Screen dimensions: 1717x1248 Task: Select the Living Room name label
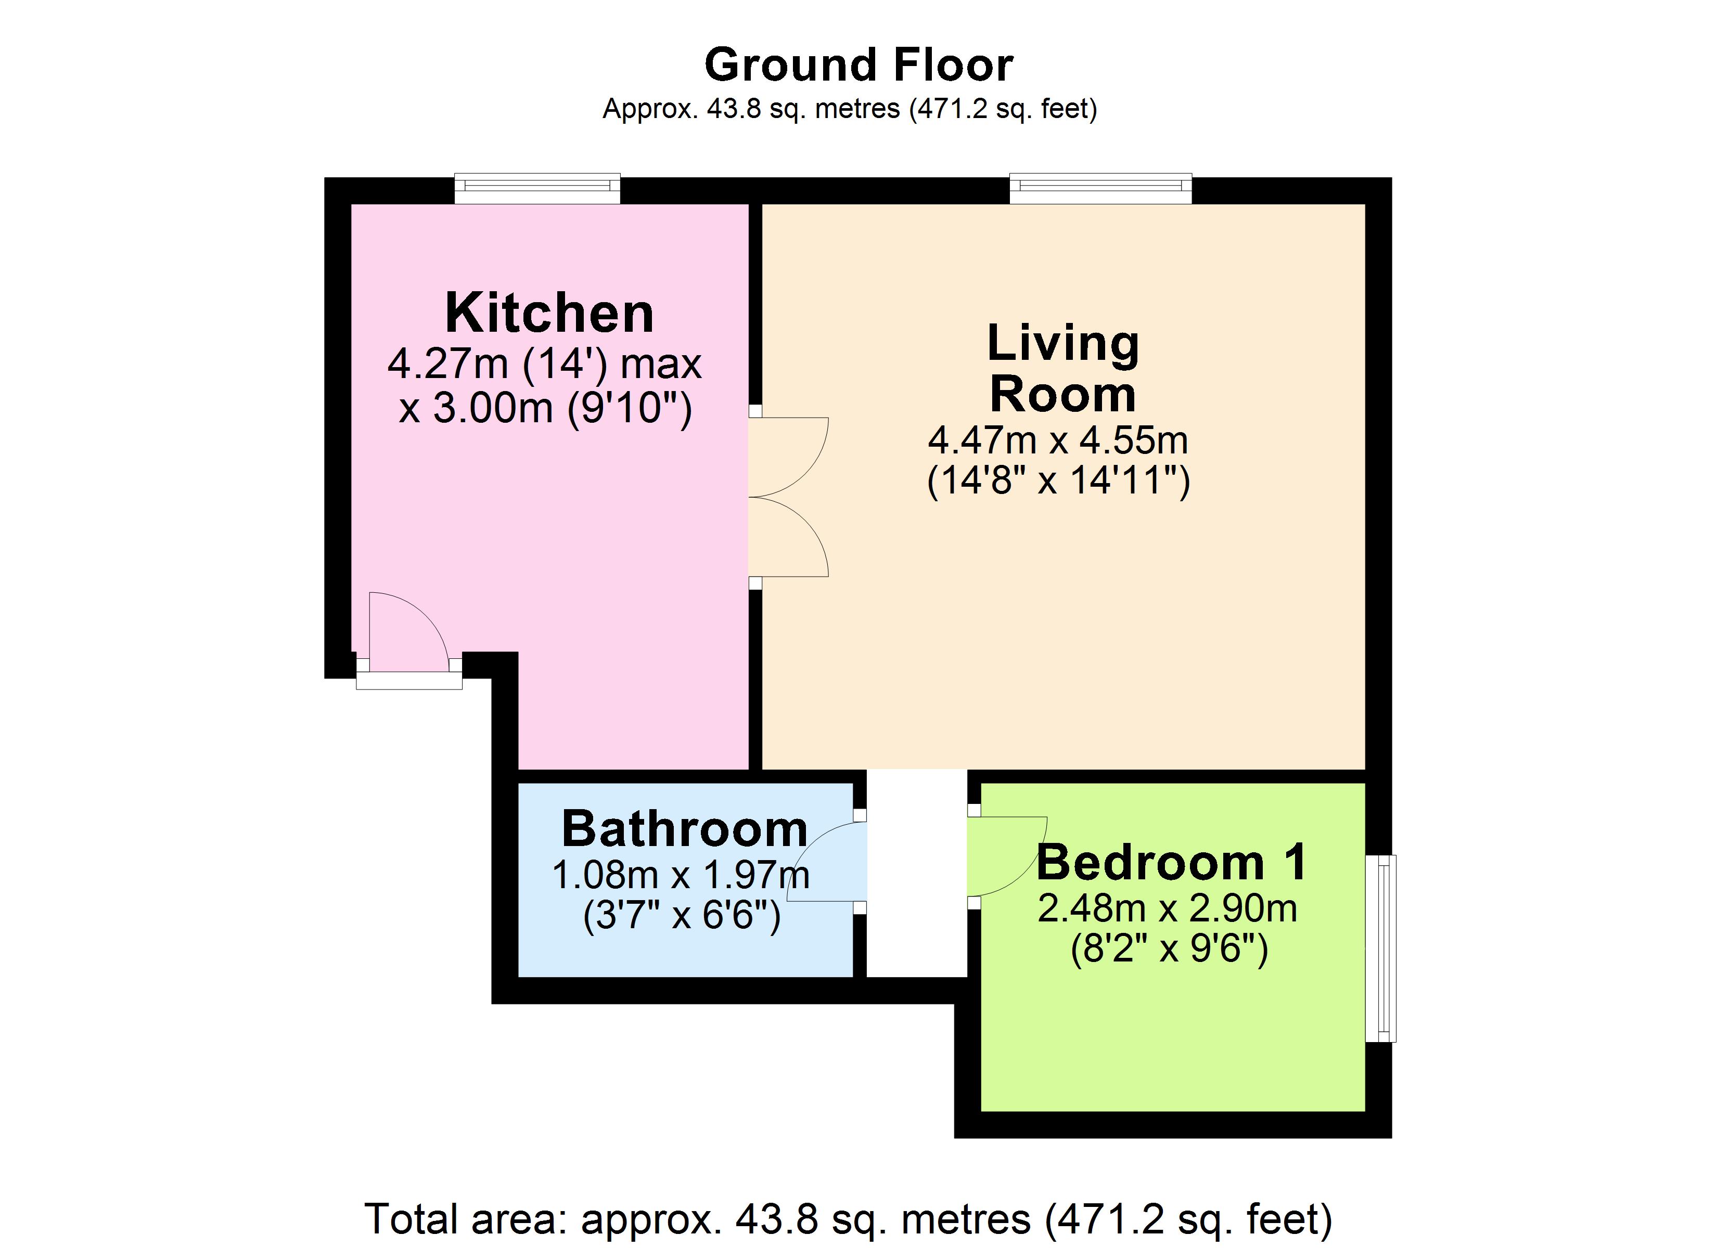(x=1063, y=369)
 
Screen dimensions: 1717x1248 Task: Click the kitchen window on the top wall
(x=537, y=188)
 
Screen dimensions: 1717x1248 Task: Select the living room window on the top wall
(x=1101, y=188)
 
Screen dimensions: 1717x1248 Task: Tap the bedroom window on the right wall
(x=1380, y=948)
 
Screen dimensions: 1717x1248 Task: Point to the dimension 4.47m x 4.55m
(x=1058, y=440)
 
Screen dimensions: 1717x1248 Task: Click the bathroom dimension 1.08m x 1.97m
(x=681, y=876)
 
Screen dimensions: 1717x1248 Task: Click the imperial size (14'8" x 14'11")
(x=1058, y=480)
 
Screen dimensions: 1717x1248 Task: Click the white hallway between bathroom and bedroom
(x=917, y=874)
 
